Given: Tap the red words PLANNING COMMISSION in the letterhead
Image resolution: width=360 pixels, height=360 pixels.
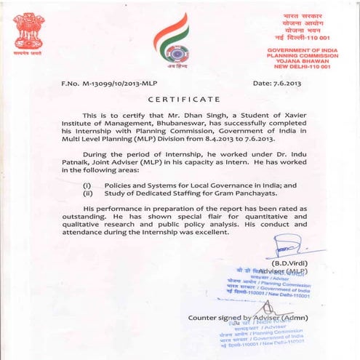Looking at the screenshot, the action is (298, 55).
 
